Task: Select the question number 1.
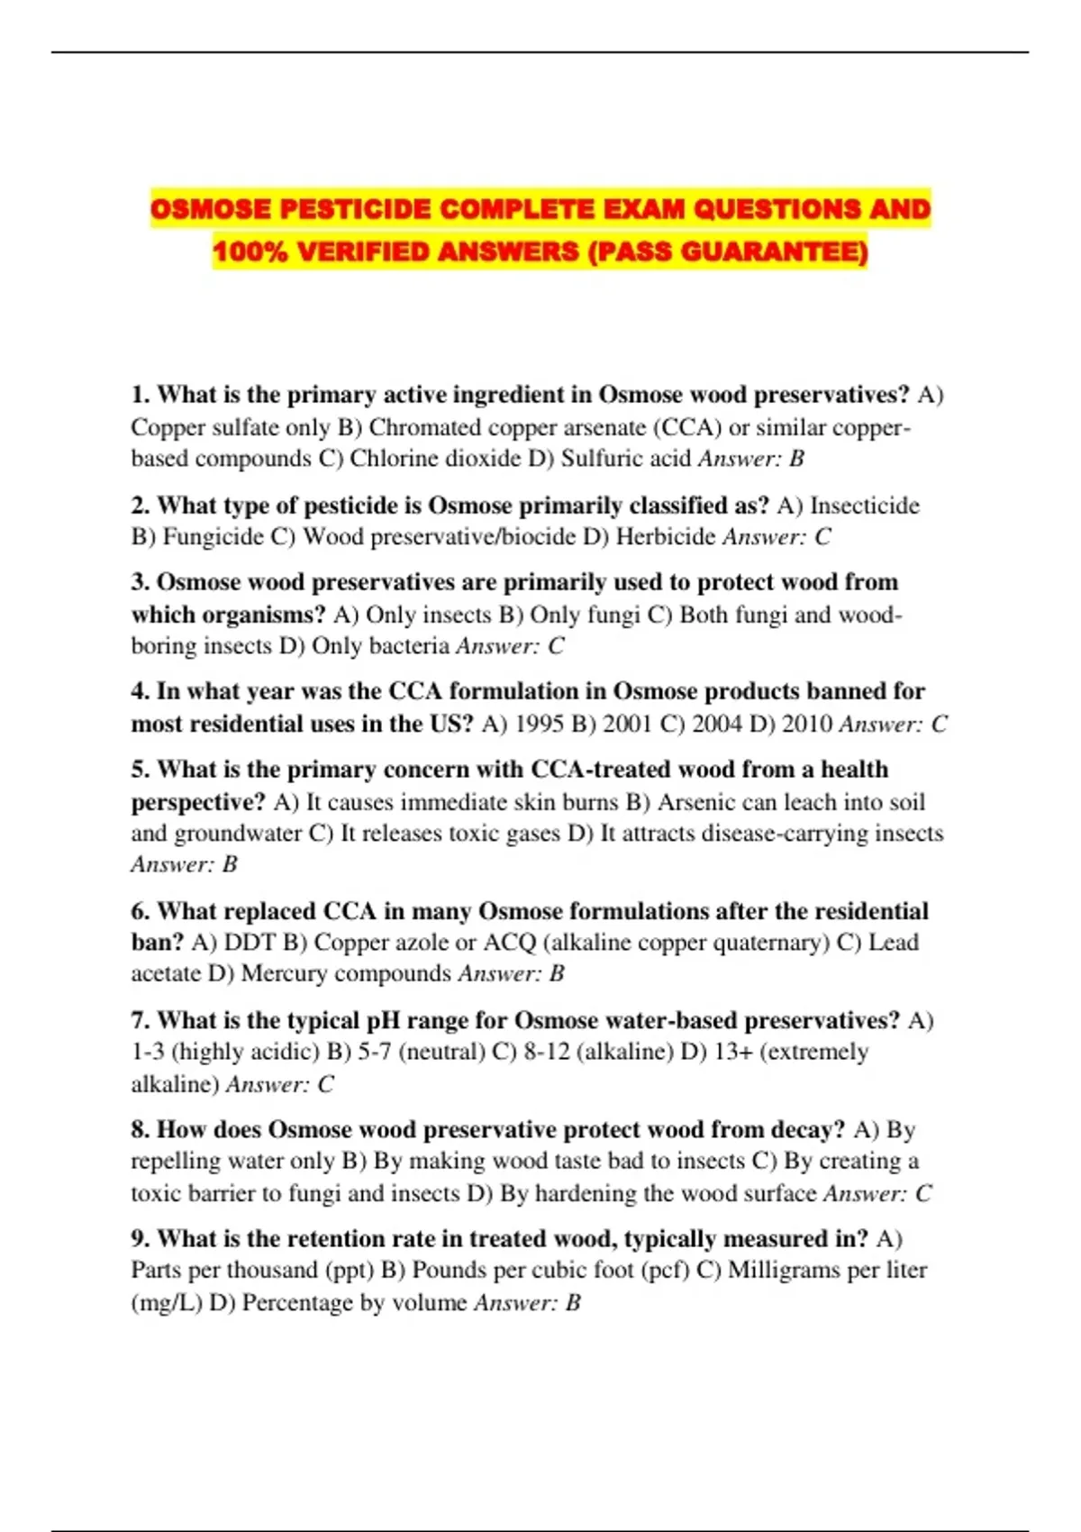point(140,395)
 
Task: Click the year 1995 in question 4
point(540,724)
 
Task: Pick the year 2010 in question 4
point(806,724)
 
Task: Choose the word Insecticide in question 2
point(865,506)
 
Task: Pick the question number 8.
point(140,1130)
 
